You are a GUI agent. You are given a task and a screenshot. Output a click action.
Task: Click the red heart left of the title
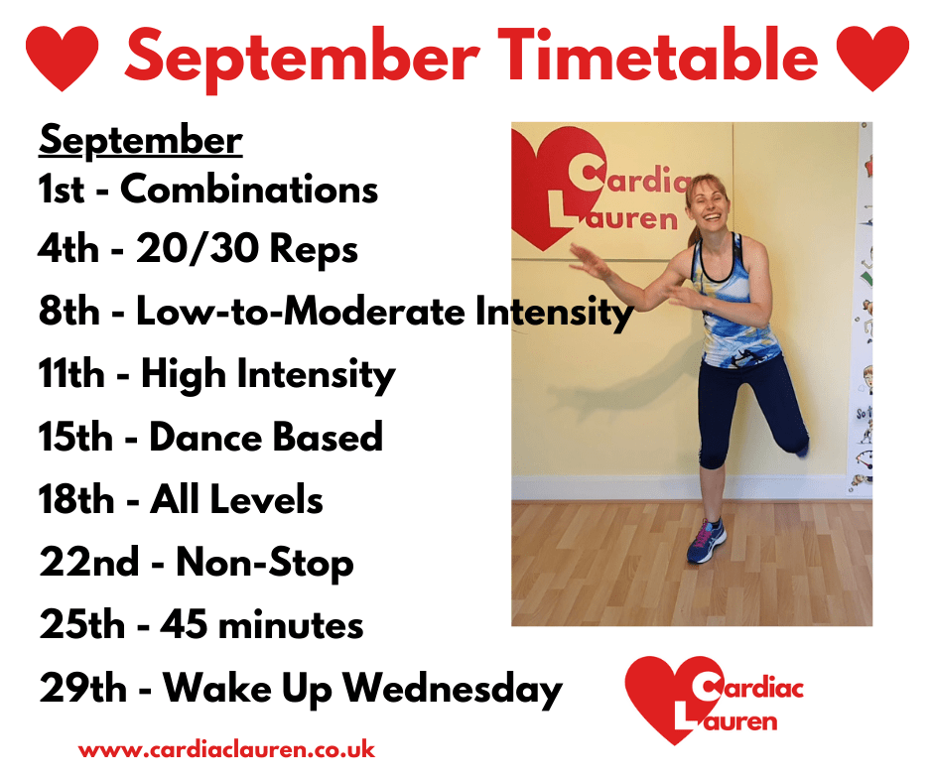(63, 58)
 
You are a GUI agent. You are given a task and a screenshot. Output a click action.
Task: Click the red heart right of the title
(872, 58)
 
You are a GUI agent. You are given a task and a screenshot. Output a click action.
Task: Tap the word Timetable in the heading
(658, 55)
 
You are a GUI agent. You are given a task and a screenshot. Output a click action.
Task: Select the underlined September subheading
(140, 142)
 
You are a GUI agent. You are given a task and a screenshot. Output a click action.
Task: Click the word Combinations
(249, 190)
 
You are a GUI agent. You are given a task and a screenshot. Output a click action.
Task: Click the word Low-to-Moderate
(301, 312)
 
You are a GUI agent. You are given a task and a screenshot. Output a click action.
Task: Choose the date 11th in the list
(71, 374)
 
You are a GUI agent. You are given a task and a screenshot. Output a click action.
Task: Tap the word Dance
(205, 437)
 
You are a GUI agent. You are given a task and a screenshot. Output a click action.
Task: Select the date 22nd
(88, 562)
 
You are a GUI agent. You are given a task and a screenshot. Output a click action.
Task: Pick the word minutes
(291, 625)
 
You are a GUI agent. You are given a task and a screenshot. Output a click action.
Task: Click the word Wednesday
(453, 689)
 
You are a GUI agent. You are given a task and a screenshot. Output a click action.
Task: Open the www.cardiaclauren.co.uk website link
(226, 749)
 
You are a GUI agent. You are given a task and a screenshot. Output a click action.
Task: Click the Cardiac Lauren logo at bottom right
(714, 701)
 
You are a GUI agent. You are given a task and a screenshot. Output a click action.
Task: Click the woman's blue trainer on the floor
(707, 540)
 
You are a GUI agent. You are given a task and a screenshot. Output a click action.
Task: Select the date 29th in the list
(82, 688)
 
